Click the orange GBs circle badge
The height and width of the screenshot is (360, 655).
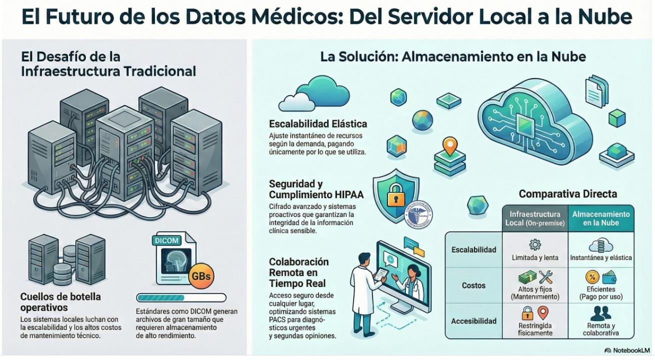(x=201, y=276)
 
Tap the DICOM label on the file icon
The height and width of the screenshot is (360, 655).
(x=167, y=240)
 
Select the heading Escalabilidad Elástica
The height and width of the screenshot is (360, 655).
(x=318, y=124)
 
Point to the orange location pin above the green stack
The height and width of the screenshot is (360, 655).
(x=450, y=146)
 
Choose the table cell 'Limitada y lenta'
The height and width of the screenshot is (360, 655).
(x=535, y=258)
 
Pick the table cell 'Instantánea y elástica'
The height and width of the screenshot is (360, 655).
(x=601, y=258)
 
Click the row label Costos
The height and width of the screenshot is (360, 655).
(x=473, y=285)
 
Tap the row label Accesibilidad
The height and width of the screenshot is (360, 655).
(x=473, y=321)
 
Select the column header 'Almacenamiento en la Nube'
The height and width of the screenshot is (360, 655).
(x=601, y=218)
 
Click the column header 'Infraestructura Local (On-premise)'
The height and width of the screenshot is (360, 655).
(x=535, y=218)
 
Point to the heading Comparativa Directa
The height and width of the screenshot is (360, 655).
(x=568, y=193)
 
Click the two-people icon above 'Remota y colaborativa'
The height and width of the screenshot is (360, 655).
(x=600, y=313)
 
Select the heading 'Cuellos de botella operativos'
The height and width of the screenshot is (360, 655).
(x=60, y=301)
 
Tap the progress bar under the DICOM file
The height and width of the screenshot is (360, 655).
(x=186, y=297)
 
